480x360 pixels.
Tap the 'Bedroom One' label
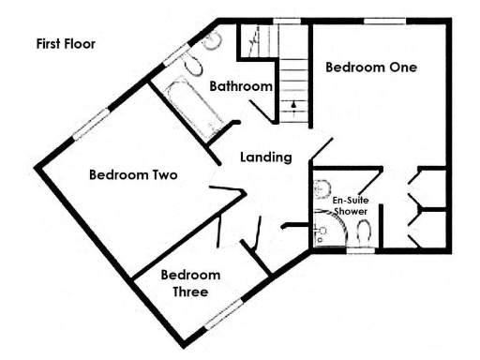coord(370,67)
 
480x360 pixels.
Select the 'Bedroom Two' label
coord(133,174)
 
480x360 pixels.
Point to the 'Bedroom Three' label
coord(190,283)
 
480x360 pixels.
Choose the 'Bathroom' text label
coord(241,86)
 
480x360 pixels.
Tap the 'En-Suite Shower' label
coord(351,206)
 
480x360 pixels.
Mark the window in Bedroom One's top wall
coord(379,21)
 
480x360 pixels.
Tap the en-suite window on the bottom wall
coord(360,251)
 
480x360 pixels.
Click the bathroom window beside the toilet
coord(177,54)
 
